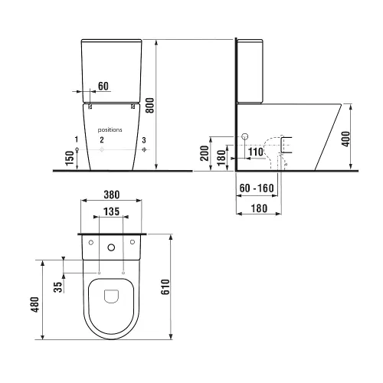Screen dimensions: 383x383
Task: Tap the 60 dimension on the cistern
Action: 103,87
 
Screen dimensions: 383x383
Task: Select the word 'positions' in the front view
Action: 110,130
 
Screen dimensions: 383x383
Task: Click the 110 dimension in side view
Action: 255,152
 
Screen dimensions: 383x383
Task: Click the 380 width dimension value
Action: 112,194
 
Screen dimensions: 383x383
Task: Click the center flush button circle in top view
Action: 112,247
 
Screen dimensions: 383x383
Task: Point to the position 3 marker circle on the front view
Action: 145,150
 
